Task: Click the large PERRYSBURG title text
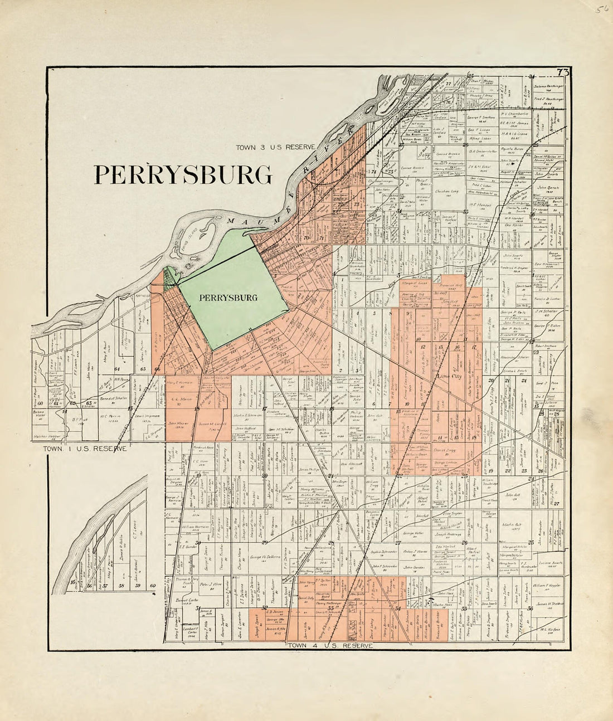[183, 174]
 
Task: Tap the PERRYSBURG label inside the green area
[228, 298]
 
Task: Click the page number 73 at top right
[562, 72]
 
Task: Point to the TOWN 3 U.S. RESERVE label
[275, 147]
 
